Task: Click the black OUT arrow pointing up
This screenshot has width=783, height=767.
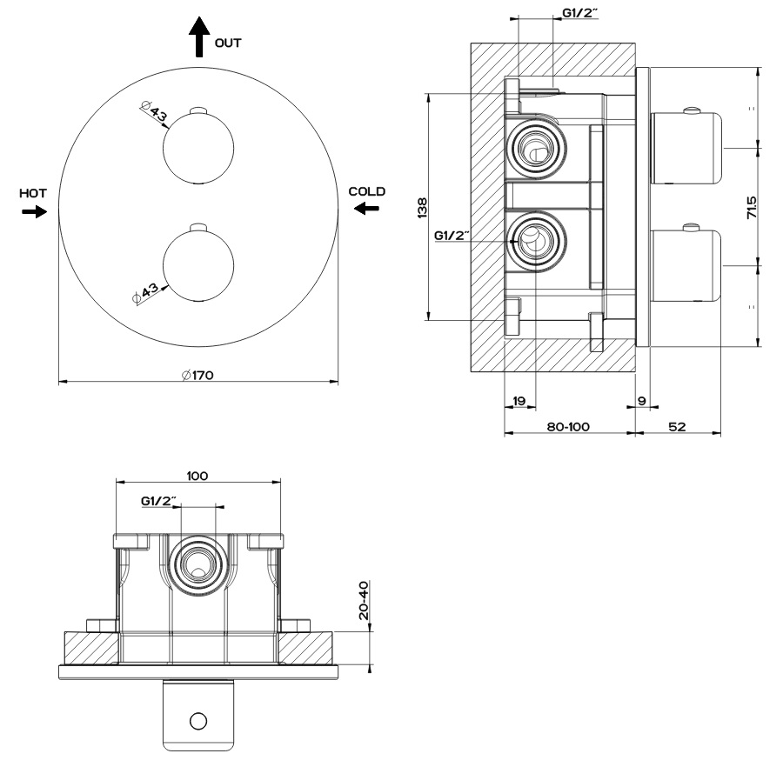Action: (x=199, y=38)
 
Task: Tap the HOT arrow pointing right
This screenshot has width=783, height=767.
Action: (x=35, y=211)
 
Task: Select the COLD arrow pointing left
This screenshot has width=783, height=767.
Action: (x=366, y=207)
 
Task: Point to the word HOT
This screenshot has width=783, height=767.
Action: (x=33, y=192)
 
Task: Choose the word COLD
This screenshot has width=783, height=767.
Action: (x=366, y=190)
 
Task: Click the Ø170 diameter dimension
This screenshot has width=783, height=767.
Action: (x=198, y=375)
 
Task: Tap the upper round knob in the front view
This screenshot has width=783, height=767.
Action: (x=198, y=147)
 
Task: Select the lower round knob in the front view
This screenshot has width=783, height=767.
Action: (x=198, y=264)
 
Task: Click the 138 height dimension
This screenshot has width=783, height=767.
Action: (x=422, y=206)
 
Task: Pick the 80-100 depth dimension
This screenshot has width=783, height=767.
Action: (x=569, y=427)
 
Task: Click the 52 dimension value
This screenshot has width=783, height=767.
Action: (x=678, y=427)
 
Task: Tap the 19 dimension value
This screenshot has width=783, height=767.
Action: (x=519, y=401)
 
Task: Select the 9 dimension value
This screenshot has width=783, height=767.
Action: (x=641, y=401)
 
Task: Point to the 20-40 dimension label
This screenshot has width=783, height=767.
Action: (x=365, y=601)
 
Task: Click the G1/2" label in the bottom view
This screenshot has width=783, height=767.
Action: (x=159, y=501)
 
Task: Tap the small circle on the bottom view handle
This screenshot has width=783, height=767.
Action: (x=198, y=720)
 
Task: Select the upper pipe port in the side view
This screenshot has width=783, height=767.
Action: (x=533, y=149)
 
